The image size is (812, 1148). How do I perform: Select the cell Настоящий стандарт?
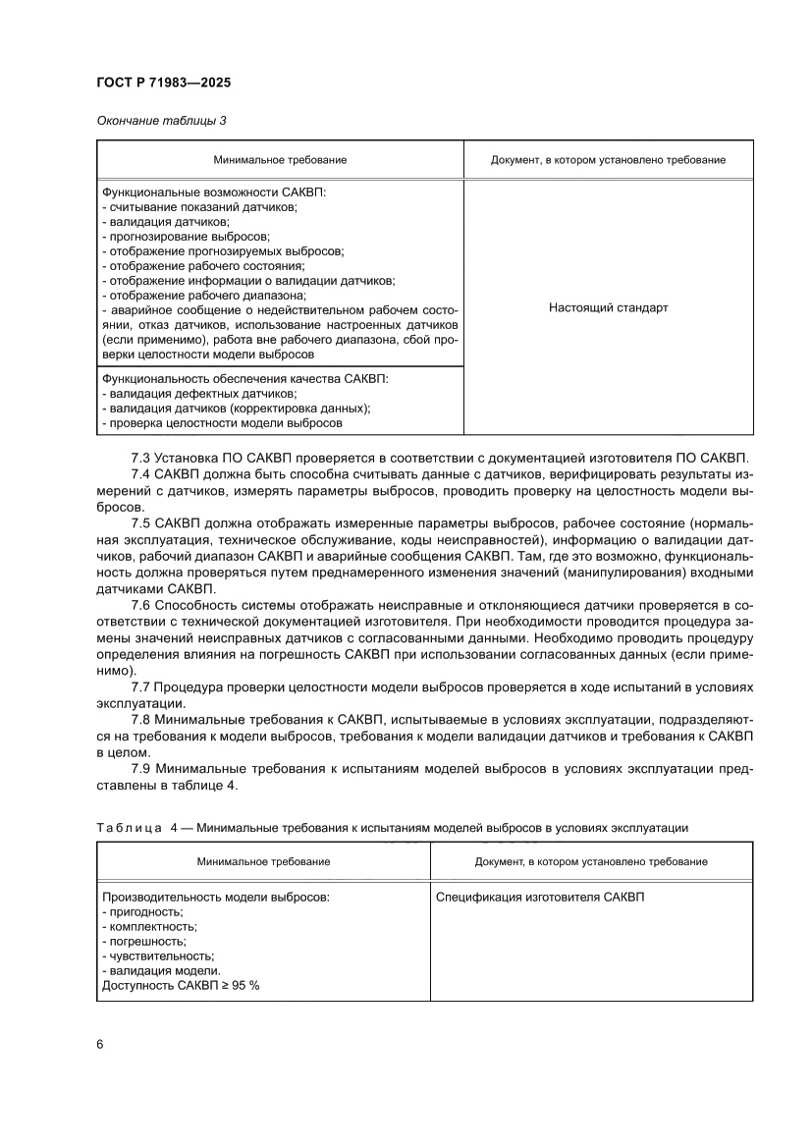[608, 307]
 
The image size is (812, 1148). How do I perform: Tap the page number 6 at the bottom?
[100, 1043]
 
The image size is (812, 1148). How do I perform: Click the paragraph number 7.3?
[140, 458]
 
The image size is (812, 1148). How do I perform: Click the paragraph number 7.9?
[140, 769]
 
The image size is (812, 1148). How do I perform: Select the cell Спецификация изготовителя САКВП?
[540, 898]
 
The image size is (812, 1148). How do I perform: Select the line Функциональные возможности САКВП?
[213, 192]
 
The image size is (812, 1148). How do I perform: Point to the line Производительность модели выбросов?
[216, 898]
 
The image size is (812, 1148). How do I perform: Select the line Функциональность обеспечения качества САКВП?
[245, 378]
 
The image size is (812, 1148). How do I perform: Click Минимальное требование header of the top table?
[280, 159]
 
